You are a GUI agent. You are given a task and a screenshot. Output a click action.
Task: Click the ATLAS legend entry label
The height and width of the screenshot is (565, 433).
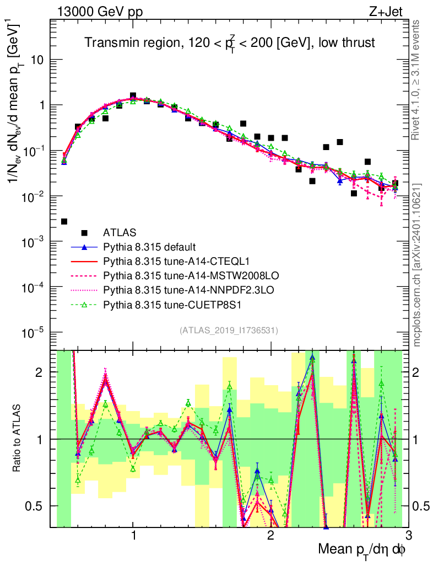(x=120, y=232)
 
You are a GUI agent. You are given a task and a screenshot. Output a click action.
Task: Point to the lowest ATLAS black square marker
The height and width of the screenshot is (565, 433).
(x=64, y=221)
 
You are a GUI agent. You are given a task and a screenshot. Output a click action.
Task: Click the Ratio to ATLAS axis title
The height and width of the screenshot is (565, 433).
(x=19, y=439)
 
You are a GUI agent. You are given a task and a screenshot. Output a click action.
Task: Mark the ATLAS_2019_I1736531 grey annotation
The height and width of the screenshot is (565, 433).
(x=229, y=331)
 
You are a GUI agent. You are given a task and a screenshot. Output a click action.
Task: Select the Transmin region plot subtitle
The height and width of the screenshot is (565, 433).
(x=230, y=43)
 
